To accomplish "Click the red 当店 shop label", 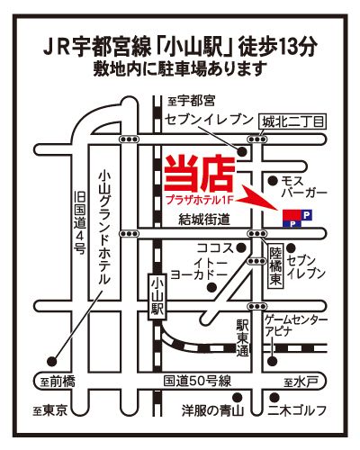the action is [200, 174].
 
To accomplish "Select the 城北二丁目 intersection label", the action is [292, 122].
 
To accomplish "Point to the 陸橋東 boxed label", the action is [275, 266].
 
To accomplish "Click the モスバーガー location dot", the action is [273, 181].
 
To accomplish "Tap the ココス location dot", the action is [241, 247].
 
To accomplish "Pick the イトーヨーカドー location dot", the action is [211, 287].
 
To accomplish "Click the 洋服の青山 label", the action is [212, 410].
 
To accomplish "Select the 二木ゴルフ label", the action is [297, 410].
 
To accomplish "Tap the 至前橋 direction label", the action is [58, 382].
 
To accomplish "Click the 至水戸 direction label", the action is [301, 382].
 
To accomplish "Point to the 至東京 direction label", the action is [50, 410].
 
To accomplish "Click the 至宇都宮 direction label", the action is [192, 101].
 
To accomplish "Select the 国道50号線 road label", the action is [197, 382].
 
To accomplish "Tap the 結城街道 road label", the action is [204, 220].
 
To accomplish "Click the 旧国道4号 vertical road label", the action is [80, 222].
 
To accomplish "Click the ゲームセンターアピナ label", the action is [295, 326].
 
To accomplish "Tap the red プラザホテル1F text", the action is [199, 200].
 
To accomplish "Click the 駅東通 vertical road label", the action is [242, 337].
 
